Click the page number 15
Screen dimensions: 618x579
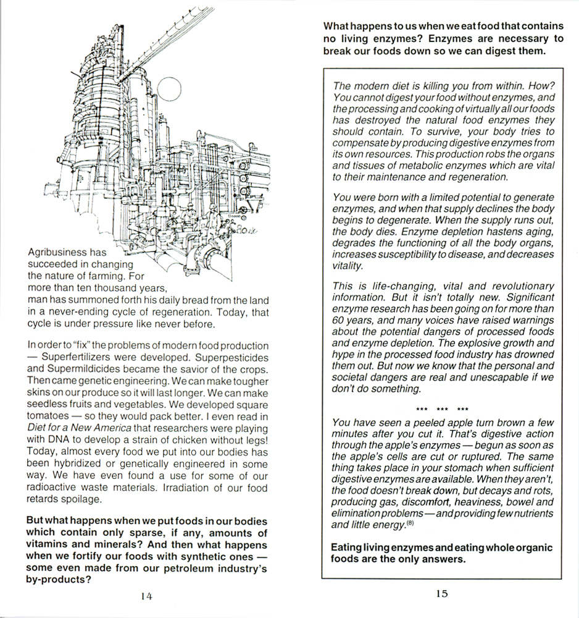pos(441,593)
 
